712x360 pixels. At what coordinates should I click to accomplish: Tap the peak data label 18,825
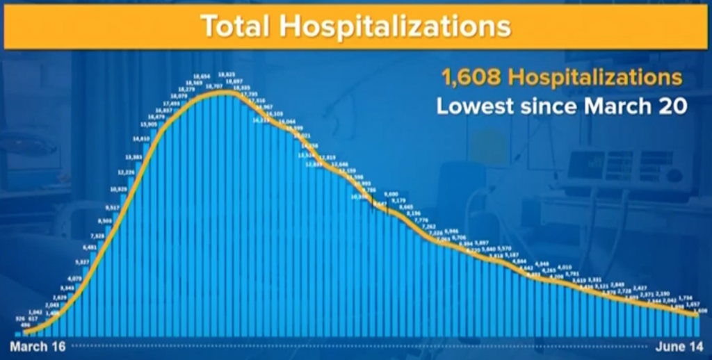click(227, 74)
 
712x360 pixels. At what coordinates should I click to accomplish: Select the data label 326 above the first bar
click(20, 319)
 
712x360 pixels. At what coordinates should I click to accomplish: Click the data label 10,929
click(119, 188)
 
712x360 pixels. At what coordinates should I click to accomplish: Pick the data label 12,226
click(126, 172)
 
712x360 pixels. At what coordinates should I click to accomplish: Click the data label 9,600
click(391, 194)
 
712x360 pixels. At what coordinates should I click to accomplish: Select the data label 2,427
click(640, 287)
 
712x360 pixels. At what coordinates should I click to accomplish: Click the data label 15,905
click(148, 124)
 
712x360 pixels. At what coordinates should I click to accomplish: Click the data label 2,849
click(617, 284)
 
